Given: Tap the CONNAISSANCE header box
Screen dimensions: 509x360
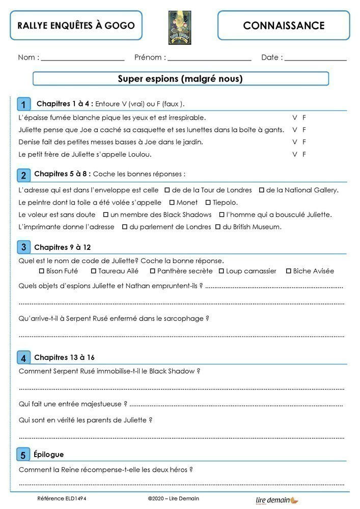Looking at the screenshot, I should (x=284, y=25).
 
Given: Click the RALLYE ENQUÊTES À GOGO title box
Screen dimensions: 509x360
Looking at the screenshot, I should (x=76, y=25).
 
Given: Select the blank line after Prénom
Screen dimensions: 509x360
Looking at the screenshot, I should (x=209, y=59).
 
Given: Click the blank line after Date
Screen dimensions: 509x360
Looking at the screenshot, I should (x=315, y=59).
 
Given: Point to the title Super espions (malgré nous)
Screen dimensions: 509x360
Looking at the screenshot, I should (x=180, y=79).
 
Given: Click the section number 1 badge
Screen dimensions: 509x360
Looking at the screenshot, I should (x=23, y=104).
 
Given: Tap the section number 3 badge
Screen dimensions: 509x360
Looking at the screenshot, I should (x=23, y=247).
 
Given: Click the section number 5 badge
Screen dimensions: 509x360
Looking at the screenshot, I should (x=23, y=455).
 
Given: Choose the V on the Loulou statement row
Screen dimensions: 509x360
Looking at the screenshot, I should (x=294, y=154).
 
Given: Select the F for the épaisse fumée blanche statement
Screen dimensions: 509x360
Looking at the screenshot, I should (x=304, y=118).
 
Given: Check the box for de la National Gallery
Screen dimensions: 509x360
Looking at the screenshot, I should (x=262, y=190).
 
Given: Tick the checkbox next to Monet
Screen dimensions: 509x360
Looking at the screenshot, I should (x=172, y=203).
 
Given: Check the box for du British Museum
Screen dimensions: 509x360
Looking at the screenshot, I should (x=218, y=227).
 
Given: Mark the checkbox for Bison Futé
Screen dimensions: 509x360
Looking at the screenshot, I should (x=41, y=271).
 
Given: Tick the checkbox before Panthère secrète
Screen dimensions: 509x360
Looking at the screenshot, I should (x=152, y=271).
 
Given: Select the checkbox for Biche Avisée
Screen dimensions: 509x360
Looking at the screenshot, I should (x=288, y=271).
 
